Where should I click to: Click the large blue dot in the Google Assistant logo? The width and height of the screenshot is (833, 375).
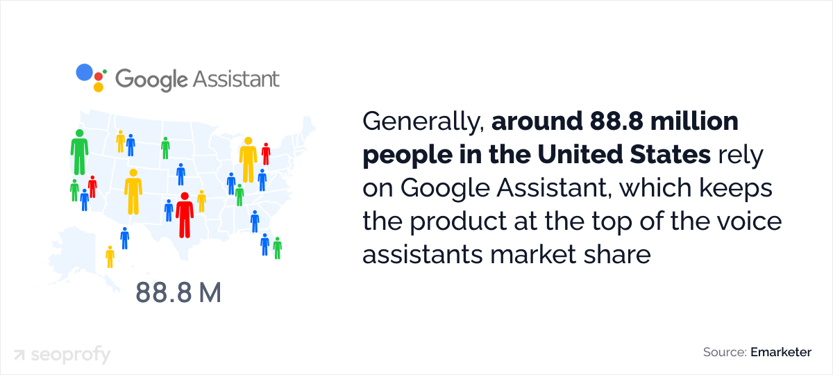pos(84,72)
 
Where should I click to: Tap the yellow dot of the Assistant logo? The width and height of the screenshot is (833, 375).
pos(98,87)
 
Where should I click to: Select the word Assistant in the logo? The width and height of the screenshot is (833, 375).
pos(236,78)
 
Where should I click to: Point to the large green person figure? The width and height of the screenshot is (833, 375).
pos(79,151)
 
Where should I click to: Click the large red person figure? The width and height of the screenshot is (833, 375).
pos(184,215)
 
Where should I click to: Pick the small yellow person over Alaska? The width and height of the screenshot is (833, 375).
pos(110,256)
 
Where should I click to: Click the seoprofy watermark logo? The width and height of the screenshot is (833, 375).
pos(62,355)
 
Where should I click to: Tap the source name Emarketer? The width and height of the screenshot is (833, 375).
pos(780,352)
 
